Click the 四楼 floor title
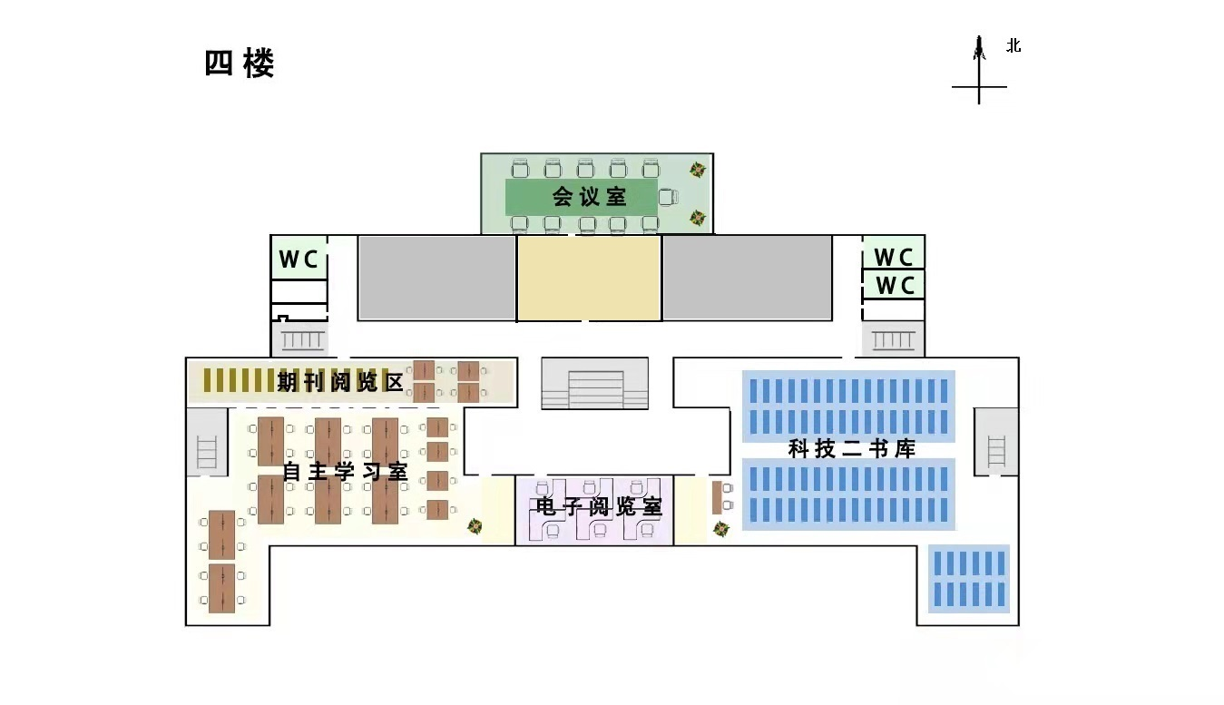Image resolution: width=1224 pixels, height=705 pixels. [x=240, y=64]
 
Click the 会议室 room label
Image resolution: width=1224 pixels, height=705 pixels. [x=590, y=196]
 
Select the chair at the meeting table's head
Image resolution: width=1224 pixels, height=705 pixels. [x=669, y=196]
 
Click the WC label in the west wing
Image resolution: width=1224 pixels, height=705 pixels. [x=299, y=259]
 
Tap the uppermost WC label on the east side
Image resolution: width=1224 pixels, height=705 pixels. [x=893, y=257]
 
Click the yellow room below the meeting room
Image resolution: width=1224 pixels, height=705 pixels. [x=589, y=278]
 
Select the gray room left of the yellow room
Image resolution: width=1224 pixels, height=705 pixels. [x=436, y=278]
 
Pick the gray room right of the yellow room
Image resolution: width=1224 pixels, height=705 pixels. [x=747, y=278]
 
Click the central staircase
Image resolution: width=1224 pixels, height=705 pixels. [x=595, y=384]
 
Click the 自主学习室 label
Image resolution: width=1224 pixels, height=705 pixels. [x=344, y=472]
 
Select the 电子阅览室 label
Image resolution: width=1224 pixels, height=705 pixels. [x=599, y=507]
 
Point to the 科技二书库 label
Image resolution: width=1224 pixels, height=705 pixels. [x=851, y=448]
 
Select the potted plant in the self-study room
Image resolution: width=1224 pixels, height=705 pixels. [x=474, y=526]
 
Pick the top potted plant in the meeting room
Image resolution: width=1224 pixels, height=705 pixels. [x=697, y=170]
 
